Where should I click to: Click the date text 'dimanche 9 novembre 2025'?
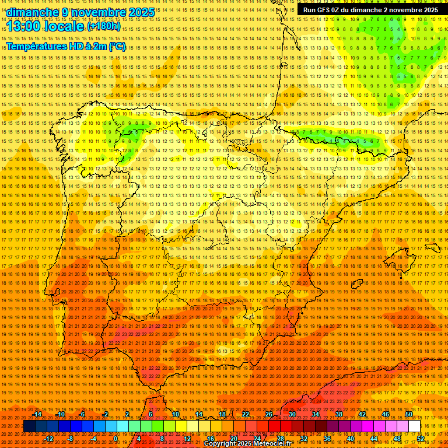(80, 12)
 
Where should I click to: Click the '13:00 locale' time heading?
(45, 27)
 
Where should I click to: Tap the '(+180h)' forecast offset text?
(104, 26)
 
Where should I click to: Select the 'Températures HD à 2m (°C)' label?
(65, 46)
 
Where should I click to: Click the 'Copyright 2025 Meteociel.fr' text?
(247, 444)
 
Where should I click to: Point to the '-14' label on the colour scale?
(38, 414)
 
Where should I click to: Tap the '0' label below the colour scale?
(116, 438)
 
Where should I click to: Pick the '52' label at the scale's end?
(421, 438)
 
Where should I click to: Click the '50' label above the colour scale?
(409, 414)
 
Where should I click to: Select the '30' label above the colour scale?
(292, 414)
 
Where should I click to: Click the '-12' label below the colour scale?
(50, 438)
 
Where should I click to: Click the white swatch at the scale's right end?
(415, 426)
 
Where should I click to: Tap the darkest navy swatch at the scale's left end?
(29, 426)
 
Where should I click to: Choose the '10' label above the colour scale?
(175, 414)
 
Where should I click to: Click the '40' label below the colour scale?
(350, 438)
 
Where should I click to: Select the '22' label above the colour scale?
(245, 414)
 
